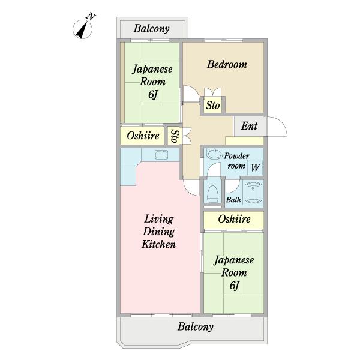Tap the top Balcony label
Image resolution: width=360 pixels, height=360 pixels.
click(151, 28)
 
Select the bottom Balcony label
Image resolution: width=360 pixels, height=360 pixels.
click(196, 327)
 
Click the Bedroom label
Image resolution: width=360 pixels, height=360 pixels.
click(227, 65)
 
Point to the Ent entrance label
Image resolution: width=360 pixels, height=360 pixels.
click(250, 126)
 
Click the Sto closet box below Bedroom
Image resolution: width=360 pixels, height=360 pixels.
click(213, 106)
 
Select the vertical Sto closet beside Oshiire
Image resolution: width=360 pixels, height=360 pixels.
click(174, 136)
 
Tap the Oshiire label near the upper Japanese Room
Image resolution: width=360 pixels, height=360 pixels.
click(143, 136)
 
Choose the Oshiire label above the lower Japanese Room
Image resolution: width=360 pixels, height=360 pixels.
click(233, 220)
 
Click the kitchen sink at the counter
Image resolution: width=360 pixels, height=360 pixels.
click(161, 155)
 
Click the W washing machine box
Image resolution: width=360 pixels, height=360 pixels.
click(255, 167)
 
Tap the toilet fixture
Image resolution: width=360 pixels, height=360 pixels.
click(212, 193)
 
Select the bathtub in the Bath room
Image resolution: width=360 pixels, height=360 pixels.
click(252, 192)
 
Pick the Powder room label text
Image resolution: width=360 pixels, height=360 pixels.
click(236, 161)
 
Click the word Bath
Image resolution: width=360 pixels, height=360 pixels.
click(233, 200)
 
